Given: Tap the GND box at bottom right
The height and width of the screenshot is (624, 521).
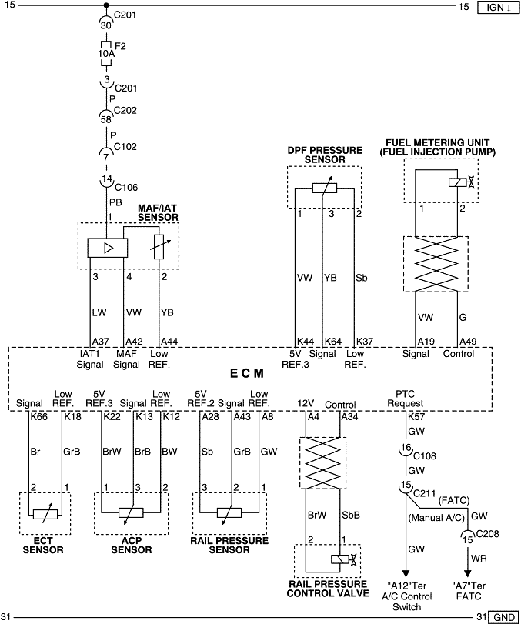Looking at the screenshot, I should click(504, 617).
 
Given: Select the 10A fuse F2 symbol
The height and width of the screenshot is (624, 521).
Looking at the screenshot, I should click(105, 47).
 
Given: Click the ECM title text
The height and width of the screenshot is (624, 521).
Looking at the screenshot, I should click(247, 373).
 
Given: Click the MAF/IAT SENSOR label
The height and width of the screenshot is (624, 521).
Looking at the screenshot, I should click(158, 212).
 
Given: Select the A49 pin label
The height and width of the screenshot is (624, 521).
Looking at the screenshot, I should click(468, 342).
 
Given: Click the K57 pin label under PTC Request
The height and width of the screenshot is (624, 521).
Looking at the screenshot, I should click(416, 416).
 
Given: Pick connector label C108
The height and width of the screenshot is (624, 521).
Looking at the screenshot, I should click(427, 456).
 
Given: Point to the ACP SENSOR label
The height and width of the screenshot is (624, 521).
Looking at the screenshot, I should click(131, 546).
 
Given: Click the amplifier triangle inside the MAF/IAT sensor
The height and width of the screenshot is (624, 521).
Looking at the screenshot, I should click(105, 247).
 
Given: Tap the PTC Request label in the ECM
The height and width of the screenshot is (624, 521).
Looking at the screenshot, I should click(406, 398).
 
